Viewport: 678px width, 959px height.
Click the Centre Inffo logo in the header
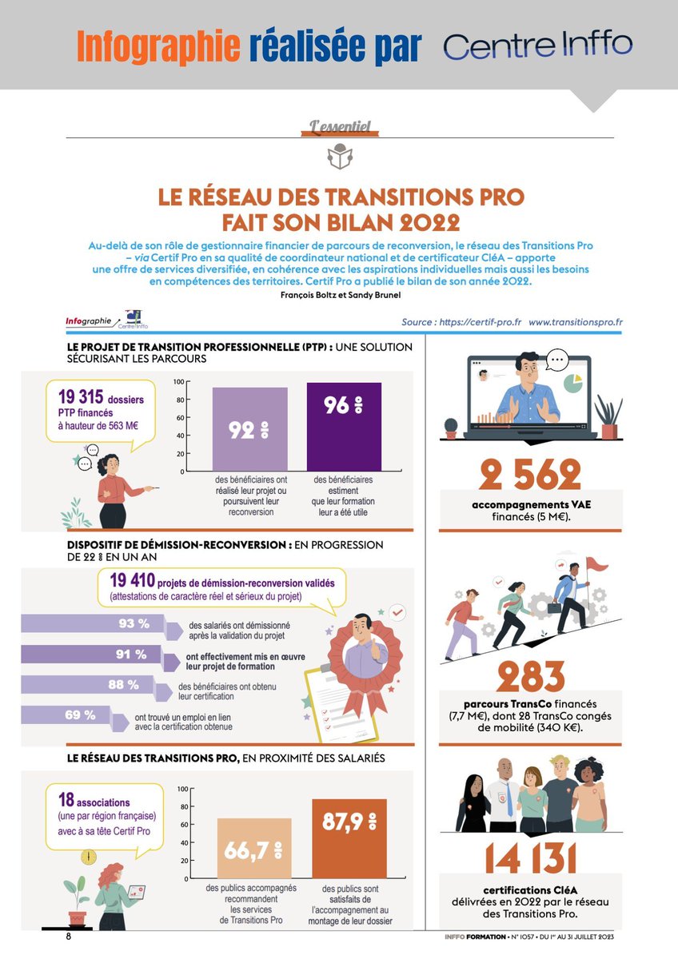coord(538,45)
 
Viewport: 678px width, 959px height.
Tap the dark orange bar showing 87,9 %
coord(349,838)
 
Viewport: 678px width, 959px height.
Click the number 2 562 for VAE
coord(530,476)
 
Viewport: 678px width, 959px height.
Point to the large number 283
coord(531,677)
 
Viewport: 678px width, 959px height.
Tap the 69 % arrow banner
coord(77,716)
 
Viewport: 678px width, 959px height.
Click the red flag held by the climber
coord(596,565)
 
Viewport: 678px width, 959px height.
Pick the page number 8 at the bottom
coord(70,936)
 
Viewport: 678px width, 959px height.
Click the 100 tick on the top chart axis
coord(179,381)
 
